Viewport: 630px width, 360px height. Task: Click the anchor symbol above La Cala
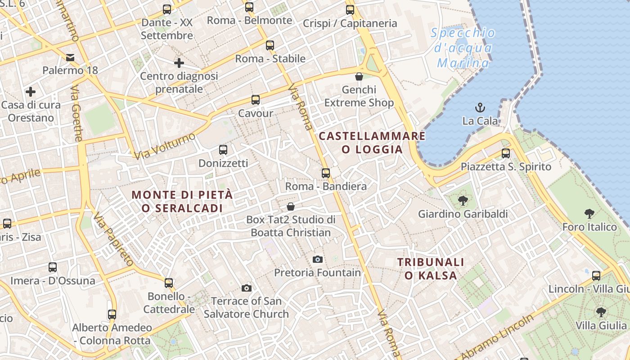(480, 108)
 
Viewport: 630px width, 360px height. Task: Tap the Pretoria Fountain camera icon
(318, 259)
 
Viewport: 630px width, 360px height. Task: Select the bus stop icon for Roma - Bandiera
(326, 173)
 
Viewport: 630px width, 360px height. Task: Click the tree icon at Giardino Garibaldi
(463, 201)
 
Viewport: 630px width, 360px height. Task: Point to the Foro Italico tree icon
(589, 214)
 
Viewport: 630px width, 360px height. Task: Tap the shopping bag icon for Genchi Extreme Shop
(359, 76)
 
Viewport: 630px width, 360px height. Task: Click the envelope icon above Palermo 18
(70, 57)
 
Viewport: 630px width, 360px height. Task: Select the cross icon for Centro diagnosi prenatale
(179, 63)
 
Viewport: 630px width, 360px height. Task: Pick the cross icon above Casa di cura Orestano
(31, 92)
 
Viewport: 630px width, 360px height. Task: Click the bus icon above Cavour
(256, 100)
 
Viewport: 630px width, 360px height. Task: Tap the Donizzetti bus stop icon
(223, 150)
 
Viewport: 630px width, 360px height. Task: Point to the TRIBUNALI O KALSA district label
(431, 269)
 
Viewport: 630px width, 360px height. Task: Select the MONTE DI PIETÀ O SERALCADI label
(182, 202)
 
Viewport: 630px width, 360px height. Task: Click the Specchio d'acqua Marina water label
(463, 48)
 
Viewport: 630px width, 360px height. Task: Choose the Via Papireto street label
(113, 239)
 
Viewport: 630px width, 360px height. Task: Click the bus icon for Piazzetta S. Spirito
(506, 153)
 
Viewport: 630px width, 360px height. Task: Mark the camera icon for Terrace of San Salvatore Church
(247, 288)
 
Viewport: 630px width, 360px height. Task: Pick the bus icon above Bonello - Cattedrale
(169, 283)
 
